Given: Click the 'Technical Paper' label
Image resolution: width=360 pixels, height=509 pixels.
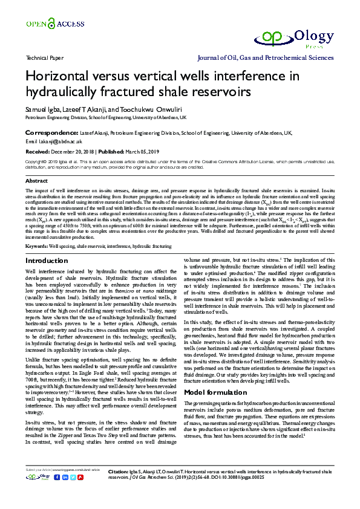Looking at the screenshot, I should [x=45, y=59].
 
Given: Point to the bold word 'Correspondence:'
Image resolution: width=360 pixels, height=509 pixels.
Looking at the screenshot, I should [x=51, y=132].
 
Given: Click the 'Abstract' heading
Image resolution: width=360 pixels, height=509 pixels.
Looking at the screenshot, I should [x=36, y=181].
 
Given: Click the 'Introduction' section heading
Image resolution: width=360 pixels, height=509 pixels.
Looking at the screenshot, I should [x=47, y=261].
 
